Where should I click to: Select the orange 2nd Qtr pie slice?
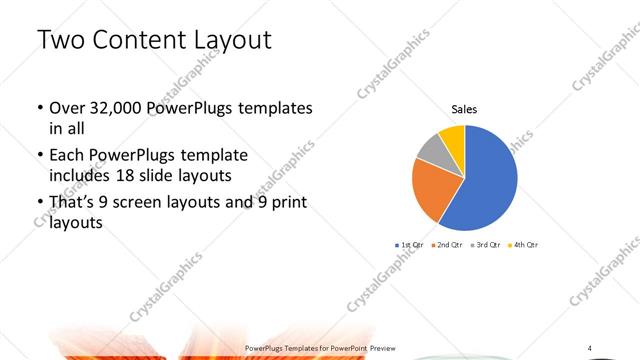tap(433, 189)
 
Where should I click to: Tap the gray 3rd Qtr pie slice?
tap(430, 149)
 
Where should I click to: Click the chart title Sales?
tap(464, 109)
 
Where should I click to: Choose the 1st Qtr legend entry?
tap(411, 245)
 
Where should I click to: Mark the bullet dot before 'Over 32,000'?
tap(39, 108)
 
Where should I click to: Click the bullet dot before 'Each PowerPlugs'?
tap(39, 156)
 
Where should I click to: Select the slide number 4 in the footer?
tap(589, 347)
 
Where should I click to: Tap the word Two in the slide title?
tap(57, 40)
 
